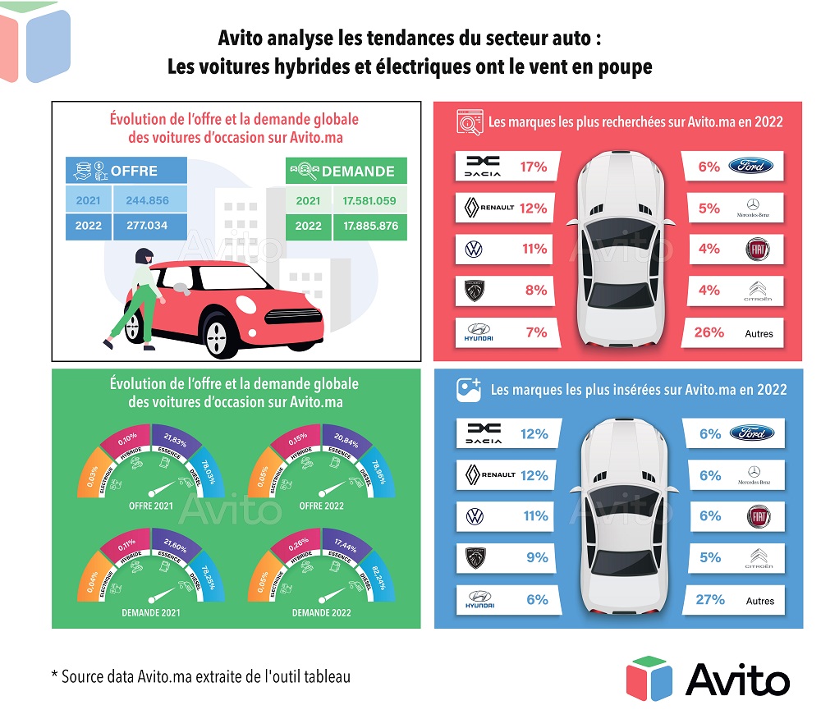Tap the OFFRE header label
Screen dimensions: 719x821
point(134,171)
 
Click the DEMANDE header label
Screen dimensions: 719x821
point(358,172)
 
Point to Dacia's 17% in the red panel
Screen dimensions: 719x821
point(534,167)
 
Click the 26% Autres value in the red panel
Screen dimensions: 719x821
point(709,332)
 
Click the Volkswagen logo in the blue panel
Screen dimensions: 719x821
point(475,516)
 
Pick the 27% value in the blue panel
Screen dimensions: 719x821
point(711,600)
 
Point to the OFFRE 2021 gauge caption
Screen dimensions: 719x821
point(151,506)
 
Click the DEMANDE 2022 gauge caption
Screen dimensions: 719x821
point(321,612)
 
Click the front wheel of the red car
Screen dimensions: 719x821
point(217,332)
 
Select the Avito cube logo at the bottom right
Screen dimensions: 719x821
point(649,678)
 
